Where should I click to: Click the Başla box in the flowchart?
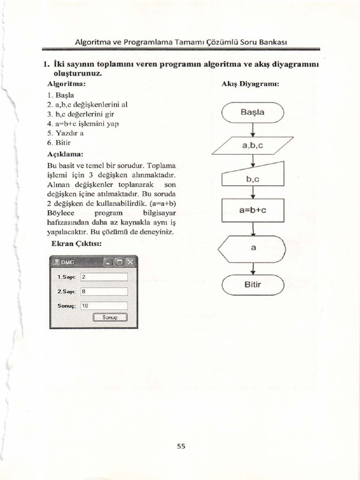[x=253, y=112]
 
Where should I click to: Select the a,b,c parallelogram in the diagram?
[x=253, y=145]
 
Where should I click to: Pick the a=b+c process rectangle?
[x=253, y=210]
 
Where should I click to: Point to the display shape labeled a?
[x=253, y=248]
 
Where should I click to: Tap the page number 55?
[x=181, y=446]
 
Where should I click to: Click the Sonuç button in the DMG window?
[x=110, y=317]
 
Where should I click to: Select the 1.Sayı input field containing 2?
[x=104, y=277]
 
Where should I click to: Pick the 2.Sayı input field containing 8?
[x=104, y=292]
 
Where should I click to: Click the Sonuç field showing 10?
[x=104, y=306]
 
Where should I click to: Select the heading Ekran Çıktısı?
[x=76, y=244]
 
